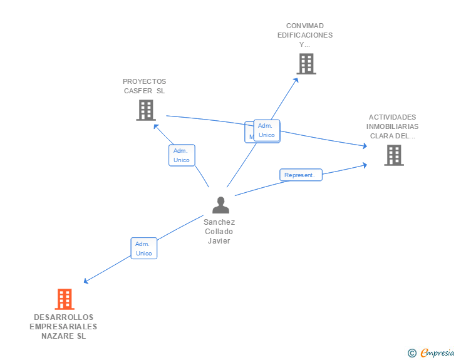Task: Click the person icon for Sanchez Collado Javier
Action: click(x=220, y=205)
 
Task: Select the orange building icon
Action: click(x=65, y=299)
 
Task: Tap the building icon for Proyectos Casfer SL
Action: click(x=145, y=110)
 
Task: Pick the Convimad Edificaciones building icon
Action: click(x=306, y=64)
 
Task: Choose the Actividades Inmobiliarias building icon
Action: click(x=393, y=155)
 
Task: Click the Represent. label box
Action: click(x=301, y=175)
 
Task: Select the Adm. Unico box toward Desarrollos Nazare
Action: click(x=143, y=249)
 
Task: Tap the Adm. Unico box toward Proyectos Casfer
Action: click(x=182, y=155)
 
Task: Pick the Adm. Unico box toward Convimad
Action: click(x=267, y=130)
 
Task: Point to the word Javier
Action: click(x=219, y=241)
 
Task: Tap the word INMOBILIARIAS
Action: click(x=392, y=126)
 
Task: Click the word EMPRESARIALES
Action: click(x=63, y=327)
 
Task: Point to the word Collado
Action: click(x=219, y=232)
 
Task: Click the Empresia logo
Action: click(x=437, y=353)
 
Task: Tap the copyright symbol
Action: click(x=412, y=353)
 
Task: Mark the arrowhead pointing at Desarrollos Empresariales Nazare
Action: click(x=86, y=282)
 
